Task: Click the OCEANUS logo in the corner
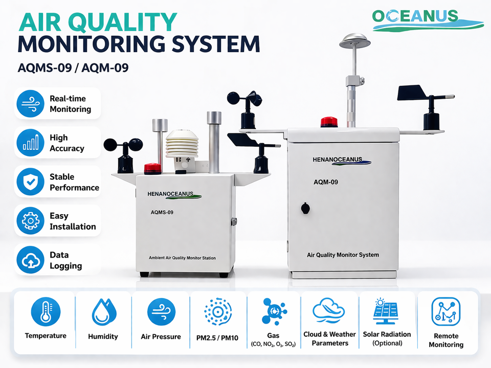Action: pos(428,20)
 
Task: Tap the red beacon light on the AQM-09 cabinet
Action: pos(329,122)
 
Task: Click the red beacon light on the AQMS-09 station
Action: pos(152,168)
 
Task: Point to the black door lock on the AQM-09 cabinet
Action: pos(305,208)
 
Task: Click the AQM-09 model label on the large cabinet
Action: pos(326,182)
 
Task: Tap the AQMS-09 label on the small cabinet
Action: pos(162,213)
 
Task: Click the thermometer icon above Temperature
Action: pos(46,312)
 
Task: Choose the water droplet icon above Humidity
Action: pos(104,312)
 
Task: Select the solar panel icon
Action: pos(386,311)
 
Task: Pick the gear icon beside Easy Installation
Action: pos(30,221)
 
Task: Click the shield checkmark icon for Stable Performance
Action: pos(30,182)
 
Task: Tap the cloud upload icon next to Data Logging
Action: pos(30,260)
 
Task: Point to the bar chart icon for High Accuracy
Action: pos(30,143)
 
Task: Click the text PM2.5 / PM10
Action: pos(217,338)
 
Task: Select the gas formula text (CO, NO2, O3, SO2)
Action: pos(273,344)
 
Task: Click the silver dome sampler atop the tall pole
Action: pos(355,41)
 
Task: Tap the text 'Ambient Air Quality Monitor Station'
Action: pos(182,258)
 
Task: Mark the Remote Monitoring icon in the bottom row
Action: pos(445,312)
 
